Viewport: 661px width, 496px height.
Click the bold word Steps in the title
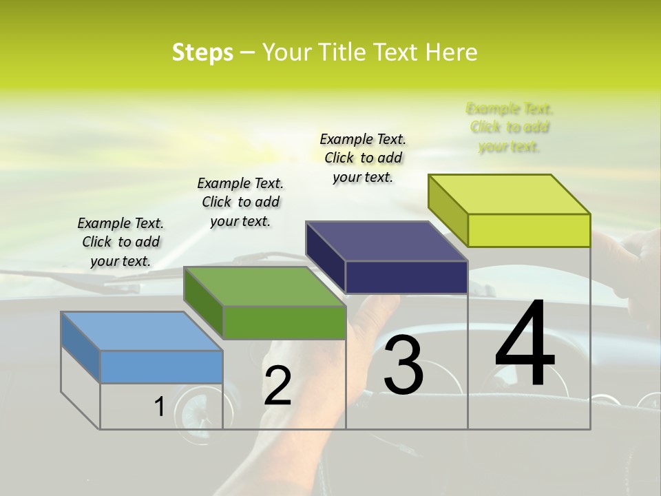(x=202, y=52)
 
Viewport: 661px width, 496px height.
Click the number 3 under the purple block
(x=403, y=365)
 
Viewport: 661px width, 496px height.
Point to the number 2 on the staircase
(x=277, y=386)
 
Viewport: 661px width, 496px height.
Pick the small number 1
(x=159, y=407)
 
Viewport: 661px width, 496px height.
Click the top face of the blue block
(x=142, y=331)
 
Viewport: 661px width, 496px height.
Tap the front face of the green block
(x=284, y=322)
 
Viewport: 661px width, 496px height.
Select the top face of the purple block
(x=387, y=241)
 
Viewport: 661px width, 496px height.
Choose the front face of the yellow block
(x=529, y=230)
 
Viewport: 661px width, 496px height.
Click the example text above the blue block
(x=120, y=242)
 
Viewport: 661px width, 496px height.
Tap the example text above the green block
(x=240, y=202)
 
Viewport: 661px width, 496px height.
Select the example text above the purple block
(x=363, y=158)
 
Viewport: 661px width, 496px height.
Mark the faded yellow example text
(x=510, y=127)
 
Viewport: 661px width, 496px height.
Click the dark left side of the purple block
(x=325, y=258)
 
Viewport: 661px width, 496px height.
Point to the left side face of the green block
(x=203, y=304)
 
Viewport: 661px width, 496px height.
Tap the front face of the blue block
(x=161, y=366)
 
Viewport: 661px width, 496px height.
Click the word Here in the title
(x=452, y=52)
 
